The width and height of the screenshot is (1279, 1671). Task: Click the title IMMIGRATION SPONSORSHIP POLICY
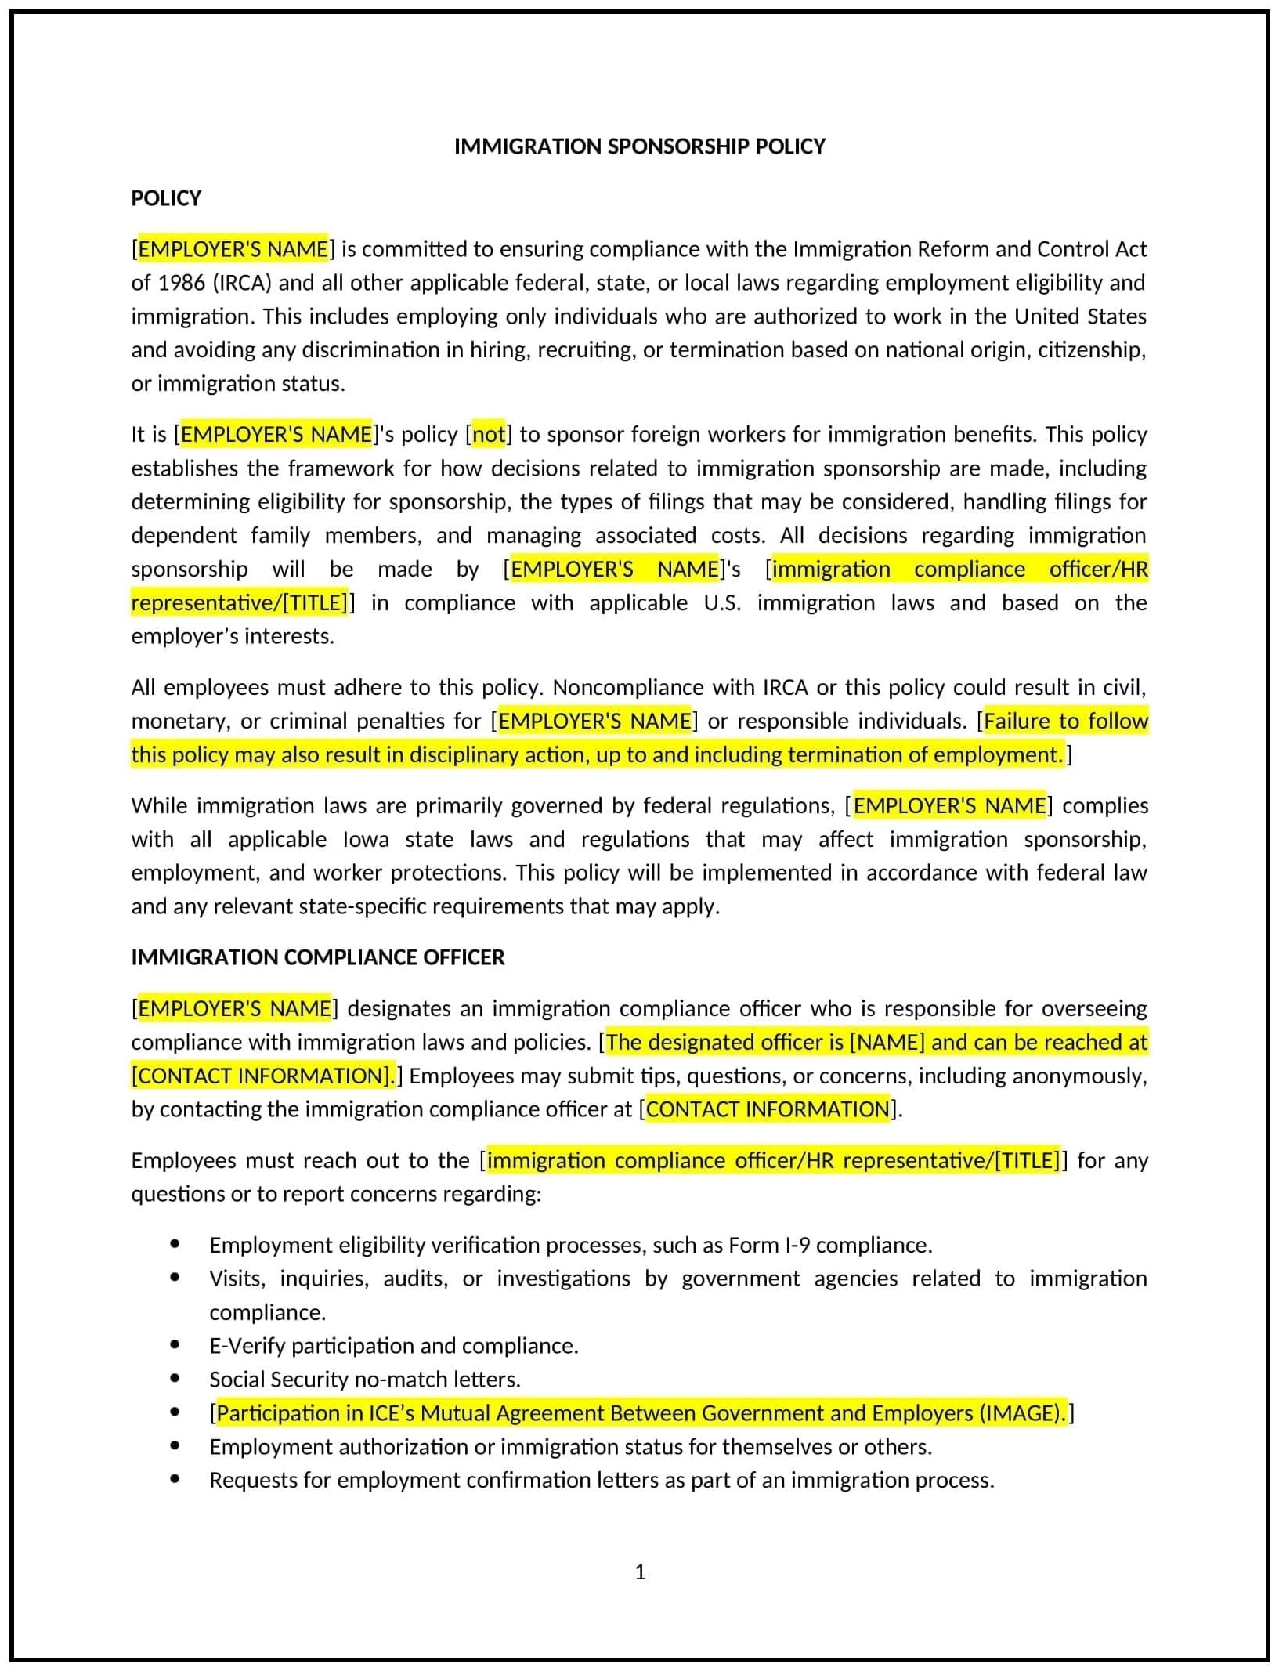(639, 146)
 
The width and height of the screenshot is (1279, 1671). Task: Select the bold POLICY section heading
(166, 198)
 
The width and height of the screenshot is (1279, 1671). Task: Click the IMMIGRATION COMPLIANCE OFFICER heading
(317, 957)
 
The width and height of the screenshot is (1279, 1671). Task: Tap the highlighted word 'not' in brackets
(490, 435)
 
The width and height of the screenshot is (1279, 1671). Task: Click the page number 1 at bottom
(640, 1572)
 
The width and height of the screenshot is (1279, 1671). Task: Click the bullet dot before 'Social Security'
(175, 1379)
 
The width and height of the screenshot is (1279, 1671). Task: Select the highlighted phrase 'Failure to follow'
(1065, 722)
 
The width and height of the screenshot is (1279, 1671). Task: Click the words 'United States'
(1080, 316)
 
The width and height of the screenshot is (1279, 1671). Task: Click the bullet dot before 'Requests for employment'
(175, 1480)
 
